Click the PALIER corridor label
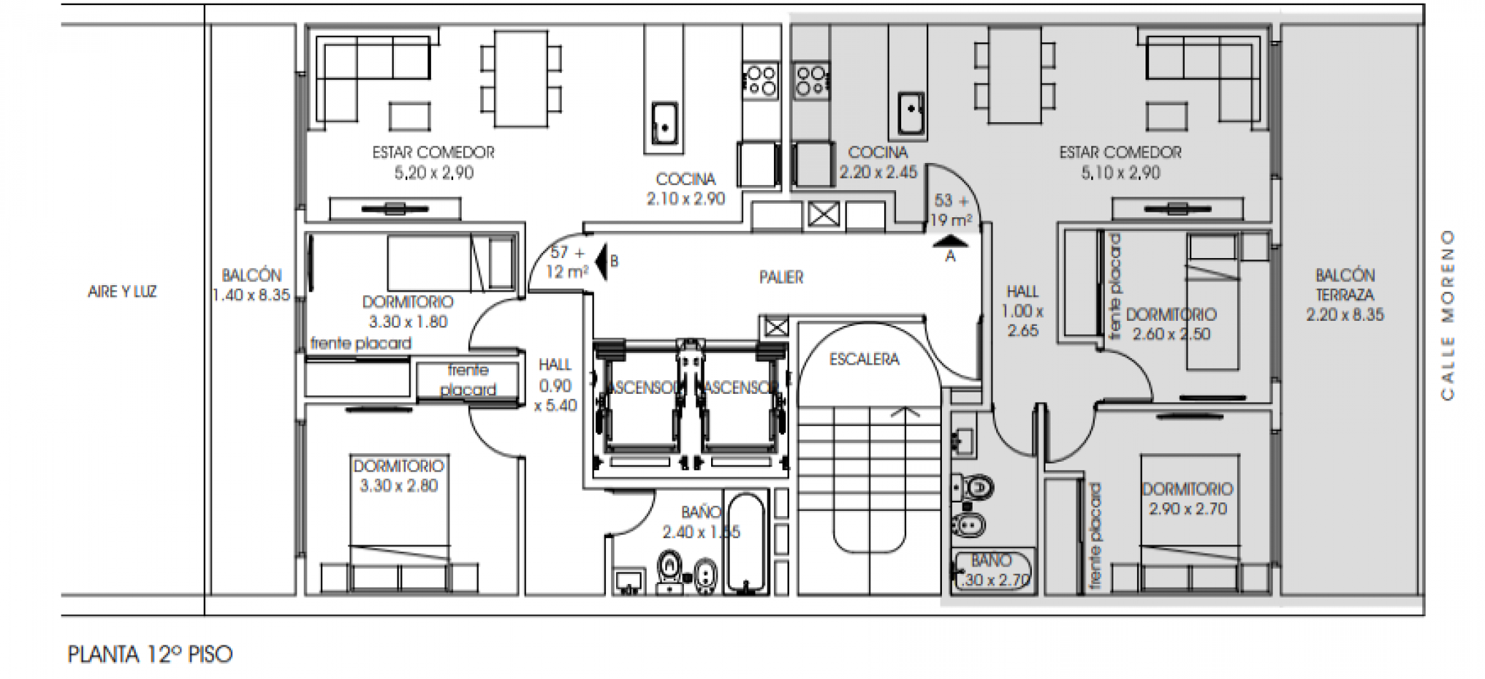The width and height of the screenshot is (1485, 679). click(x=781, y=277)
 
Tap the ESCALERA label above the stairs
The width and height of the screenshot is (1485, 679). click(x=864, y=360)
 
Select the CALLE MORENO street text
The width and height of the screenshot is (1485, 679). click(x=1447, y=314)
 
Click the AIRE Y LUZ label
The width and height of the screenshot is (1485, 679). click(x=122, y=292)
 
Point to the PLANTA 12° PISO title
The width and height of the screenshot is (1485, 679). click(x=150, y=654)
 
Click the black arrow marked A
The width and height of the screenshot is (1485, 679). click(x=950, y=243)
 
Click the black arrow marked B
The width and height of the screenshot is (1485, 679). click(x=602, y=262)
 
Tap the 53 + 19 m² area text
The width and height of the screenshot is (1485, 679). click(x=951, y=211)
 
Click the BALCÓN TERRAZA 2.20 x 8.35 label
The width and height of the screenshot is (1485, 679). click(x=1345, y=294)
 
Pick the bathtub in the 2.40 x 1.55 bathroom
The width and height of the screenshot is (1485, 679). click(x=746, y=543)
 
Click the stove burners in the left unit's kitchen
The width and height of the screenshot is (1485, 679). click(x=760, y=80)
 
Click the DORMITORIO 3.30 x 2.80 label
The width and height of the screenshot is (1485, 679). click(x=399, y=476)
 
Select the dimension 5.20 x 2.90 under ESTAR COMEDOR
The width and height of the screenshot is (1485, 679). click(x=434, y=173)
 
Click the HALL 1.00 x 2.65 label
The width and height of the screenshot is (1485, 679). click(x=1023, y=311)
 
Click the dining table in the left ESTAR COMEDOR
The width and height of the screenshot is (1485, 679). click(x=521, y=77)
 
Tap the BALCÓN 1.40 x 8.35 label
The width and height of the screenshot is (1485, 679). click(x=251, y=285)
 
